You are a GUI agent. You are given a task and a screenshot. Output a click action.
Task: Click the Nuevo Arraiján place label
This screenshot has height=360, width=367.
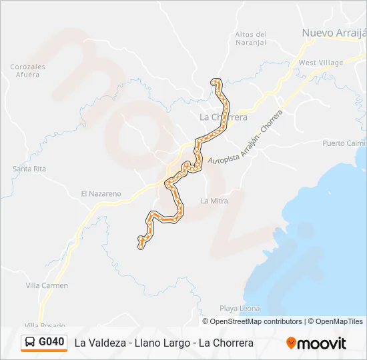tap(334, 33)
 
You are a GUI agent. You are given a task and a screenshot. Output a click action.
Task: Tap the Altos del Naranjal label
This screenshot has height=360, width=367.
tap(251, 39)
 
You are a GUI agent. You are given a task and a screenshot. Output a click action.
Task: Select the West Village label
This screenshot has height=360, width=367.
tap(321, 63)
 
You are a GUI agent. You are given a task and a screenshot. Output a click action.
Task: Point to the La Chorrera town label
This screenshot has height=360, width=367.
tap(224, 117)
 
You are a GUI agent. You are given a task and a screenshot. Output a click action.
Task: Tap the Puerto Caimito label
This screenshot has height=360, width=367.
tap(344, 143)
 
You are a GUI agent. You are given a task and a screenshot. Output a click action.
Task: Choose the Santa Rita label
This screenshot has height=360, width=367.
tap(29, 169)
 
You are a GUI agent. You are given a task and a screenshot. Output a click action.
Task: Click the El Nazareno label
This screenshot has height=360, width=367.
tap(101, 194)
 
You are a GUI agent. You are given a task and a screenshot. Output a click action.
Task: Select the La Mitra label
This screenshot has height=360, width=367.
tap(214, 201)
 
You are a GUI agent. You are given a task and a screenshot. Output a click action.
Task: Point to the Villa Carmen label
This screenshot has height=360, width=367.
tap(47, 285)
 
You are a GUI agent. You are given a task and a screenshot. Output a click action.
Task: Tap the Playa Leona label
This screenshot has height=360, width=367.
tap(240, 309)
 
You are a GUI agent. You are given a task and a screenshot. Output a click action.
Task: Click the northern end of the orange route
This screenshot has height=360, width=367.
tap(215, 82)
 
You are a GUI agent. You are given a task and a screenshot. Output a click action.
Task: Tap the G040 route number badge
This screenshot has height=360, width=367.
tap(51, 342)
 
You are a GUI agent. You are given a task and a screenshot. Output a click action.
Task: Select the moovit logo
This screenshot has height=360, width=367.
tap(316, 343)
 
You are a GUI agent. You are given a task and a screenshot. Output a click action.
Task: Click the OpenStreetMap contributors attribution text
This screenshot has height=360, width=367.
tap(256, 321)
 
